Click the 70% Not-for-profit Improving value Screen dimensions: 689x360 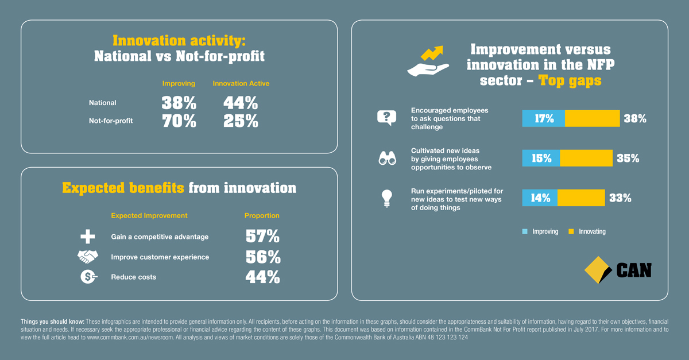(x=179, y=121)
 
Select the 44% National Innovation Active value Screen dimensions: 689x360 (x=241, y=103)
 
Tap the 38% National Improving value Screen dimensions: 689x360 (x=179, y=103)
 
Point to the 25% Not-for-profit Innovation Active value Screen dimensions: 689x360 (x=241, y=121)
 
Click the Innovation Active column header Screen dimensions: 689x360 (x=241, y=83)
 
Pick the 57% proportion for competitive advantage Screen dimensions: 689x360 (x=263, y=236)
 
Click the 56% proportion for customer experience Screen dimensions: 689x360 (x=263, y=257)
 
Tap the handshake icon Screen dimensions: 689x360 (x=88, y=256)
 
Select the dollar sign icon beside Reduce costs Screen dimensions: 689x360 (x=88, y=277)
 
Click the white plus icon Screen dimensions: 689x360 (x=88, y=237)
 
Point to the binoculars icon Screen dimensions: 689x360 (x=387, y=158)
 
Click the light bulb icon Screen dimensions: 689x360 (x=386, y=199)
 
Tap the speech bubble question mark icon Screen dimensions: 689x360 (x=386, y=118)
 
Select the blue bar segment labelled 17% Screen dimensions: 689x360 (x=544, y=118)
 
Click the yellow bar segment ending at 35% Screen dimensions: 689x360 (x=586, y=158)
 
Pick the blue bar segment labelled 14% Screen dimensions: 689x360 (x=540, y=198)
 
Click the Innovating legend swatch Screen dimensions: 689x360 (x=571, y=231)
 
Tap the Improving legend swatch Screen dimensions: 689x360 (x=525, y=231)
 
